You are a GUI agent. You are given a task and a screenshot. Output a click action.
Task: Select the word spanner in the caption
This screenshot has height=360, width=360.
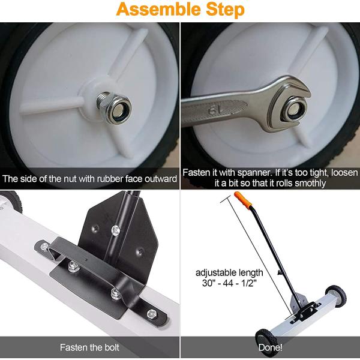click(x=242, y=172)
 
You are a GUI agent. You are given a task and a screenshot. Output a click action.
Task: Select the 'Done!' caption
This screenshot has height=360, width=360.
click(x=269, y=347)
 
